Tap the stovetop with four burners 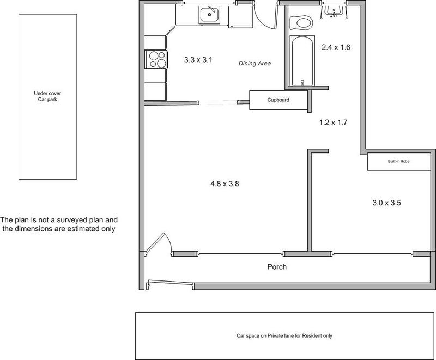156,59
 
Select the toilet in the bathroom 301,23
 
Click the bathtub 302,61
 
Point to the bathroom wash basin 334,11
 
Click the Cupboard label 278,100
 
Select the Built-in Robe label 399,161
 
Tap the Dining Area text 255,63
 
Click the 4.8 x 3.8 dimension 225,184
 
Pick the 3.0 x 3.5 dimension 386,203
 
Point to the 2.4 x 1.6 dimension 336,47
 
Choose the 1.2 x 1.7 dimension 333,122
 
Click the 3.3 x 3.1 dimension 198,60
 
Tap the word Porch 277,267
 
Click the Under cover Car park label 47,96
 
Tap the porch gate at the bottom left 170,283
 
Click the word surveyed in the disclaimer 72,220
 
